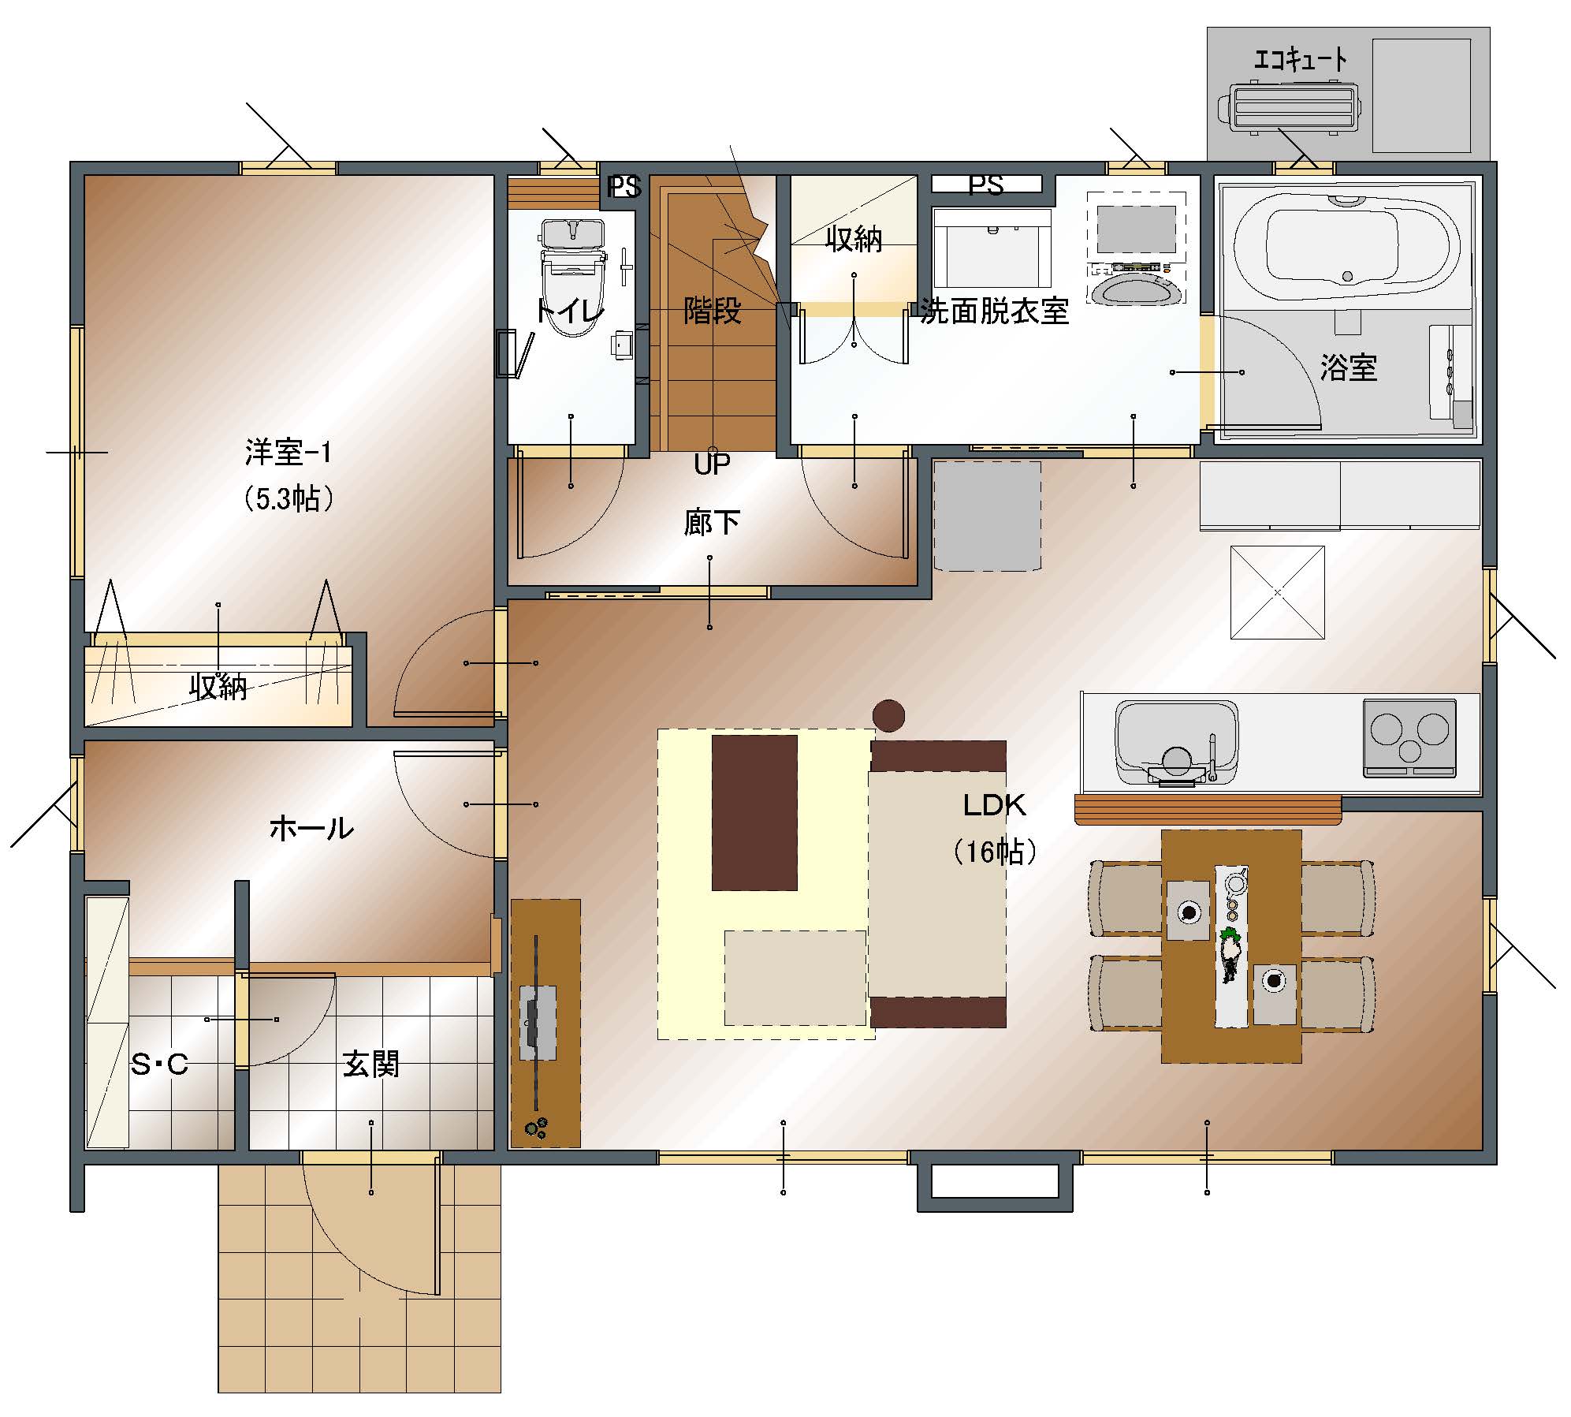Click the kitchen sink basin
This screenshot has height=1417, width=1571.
[x=1176, y=741]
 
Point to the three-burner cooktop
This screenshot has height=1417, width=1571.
[x=1409, y=737]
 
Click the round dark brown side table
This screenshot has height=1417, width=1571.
[x=888, y=716]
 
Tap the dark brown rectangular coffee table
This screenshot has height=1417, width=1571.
[x=754, y=813]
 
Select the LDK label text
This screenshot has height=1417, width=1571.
[x=994, y=805]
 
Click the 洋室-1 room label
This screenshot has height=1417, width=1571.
[x=289, y=453]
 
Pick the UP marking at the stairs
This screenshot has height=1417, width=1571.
[x=712, y=464]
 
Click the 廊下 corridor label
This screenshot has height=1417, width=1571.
[x=712, y=522]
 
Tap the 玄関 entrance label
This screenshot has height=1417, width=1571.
[x=370, y=1065]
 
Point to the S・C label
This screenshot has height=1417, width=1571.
[x=160, y=1065]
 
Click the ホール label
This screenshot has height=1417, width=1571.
[x=311, y=828]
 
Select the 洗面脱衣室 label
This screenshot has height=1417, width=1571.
[x=995, y=312]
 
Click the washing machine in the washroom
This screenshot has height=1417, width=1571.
[x=1136, y=248]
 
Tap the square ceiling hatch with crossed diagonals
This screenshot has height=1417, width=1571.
[x=1278, y=592]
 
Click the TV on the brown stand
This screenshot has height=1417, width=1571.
[x=538, y=1023]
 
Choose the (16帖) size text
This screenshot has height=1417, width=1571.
[x=995, y=852]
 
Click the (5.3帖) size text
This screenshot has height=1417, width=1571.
[x=289, y=499]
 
